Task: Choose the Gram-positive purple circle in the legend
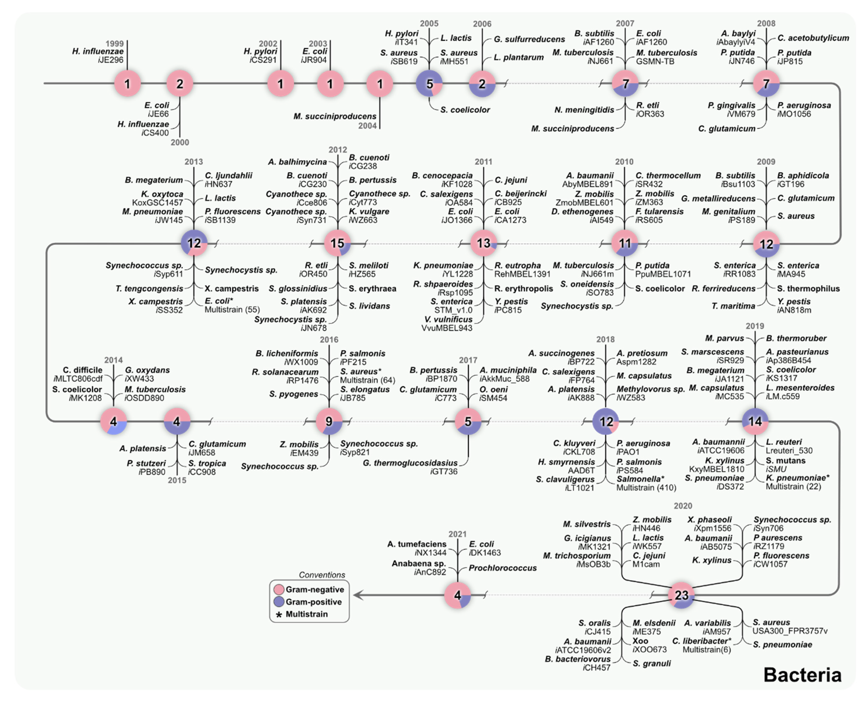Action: click(x=279, y=602)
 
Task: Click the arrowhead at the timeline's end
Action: click(x=358, y=595)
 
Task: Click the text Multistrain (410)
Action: click(x=646, y=488)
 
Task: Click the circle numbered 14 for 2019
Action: click(x=755, y=421)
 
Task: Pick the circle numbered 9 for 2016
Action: click(x=329, y=421)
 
